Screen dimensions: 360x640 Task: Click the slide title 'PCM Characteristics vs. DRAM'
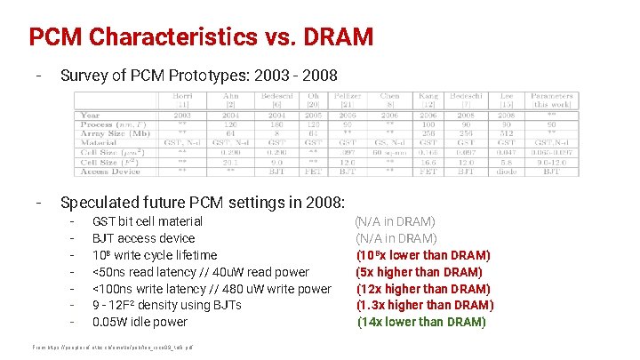click(200, 37)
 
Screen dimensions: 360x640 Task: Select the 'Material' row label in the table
click(99, 142)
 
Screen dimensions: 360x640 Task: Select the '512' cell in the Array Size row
click(505, 133)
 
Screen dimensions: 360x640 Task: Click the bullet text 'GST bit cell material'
click(148, 221)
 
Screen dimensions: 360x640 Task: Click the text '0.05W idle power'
click(140, 322)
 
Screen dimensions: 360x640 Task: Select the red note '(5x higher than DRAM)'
click(419, 272)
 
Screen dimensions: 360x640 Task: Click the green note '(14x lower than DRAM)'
click(421, 322)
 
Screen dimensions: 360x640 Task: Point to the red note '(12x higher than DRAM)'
click(422, 289)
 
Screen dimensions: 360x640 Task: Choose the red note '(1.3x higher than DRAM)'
click(425, 305)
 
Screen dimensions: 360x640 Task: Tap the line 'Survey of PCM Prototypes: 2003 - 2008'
click(198, 76)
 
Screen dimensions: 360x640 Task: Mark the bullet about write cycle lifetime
click(155, 255)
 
